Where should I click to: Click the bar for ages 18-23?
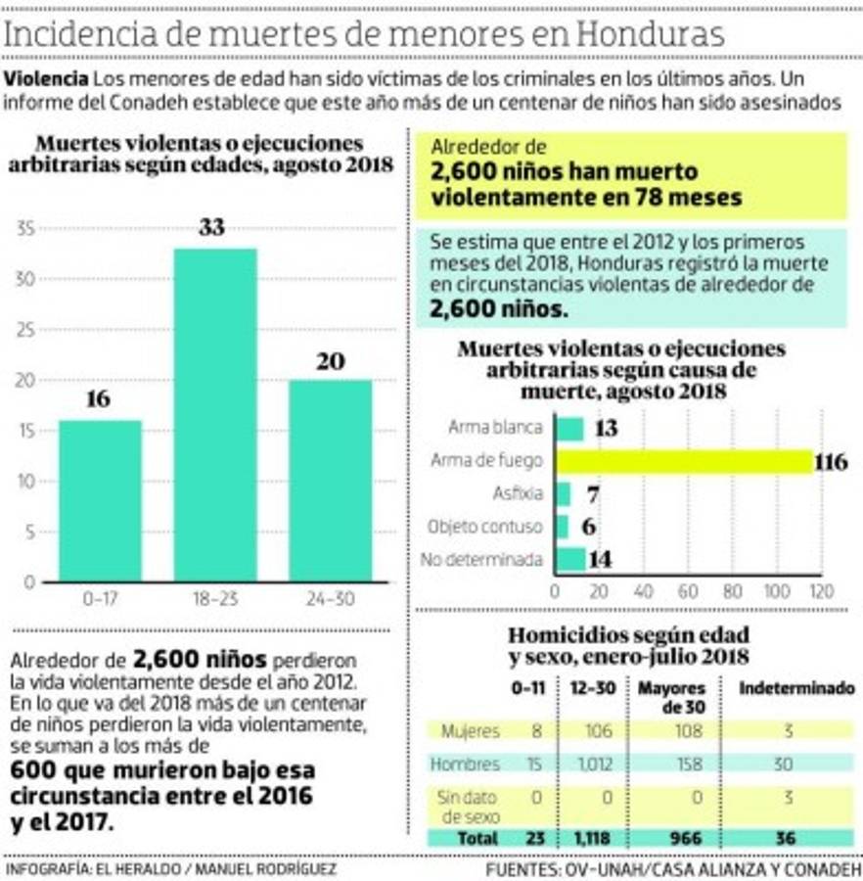tap(215, 415)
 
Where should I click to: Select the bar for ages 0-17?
tap(100, 500)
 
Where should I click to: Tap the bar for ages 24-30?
tap(330, 480)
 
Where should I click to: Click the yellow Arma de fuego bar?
tap(684, 461)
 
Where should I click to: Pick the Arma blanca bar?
tap(569, 429)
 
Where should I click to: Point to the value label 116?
tap(831, 462)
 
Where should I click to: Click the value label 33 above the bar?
tap(211, 228)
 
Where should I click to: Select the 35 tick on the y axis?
tap(26, 229)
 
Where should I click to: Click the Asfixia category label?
tap(517, 493)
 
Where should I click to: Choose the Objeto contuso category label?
tap(485, 527)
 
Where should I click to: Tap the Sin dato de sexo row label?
tap(468, 806)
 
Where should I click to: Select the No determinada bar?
tap(570, 559)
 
